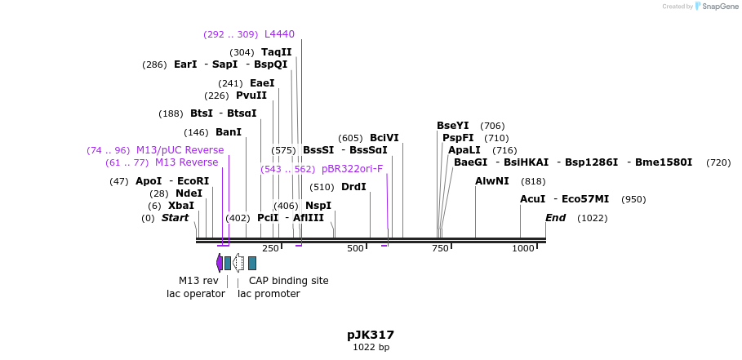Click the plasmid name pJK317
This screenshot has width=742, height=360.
[x=371, y=335]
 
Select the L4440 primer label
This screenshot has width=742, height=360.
[x=279, y=34]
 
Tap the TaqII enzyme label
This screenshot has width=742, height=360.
[x=276, y=52]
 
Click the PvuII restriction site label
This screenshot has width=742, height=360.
[x=251, y=96]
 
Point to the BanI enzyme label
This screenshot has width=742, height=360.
[x=229, y=132]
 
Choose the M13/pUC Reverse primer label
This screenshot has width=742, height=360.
[x=180, y=150]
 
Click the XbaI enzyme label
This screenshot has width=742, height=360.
[x=180, y=206]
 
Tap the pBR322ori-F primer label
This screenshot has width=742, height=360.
[x=352, y=169]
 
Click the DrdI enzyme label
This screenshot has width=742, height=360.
[x=353, y=187]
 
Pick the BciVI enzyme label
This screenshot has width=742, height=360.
[x=384, y=138]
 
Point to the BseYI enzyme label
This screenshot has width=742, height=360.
[x=453, y=126]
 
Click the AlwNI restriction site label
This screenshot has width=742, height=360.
[x=492, y=181]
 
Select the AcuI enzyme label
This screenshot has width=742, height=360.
[x=533, y=199]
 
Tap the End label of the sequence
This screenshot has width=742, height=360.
[x=555, y=218]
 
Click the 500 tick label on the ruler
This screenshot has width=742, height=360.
[x=355, y=248]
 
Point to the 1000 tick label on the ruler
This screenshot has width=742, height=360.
[x=522, y=248]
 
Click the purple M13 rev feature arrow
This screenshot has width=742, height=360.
[x=219, y=263]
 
